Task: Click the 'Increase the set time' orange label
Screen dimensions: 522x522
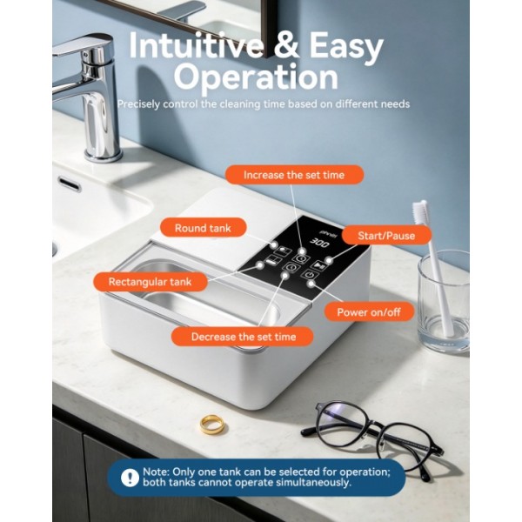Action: tap(294, 175)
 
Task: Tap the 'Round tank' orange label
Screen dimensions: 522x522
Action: tap(203, 228)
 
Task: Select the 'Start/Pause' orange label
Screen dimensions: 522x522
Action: tap(386, 236)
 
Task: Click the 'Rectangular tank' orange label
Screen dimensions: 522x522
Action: tap(151, 282)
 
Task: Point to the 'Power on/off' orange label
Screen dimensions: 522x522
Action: tap(369, 312)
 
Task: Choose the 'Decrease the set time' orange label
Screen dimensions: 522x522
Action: tap(243, 337)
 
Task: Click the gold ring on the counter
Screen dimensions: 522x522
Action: tap(211, 425)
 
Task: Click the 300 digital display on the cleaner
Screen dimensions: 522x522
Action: tap(320, 243)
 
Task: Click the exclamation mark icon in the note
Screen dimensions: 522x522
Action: tap(129, 478)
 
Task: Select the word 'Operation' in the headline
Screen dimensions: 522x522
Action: tap(256, 77)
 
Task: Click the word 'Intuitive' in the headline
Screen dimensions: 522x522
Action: tap(196, 45)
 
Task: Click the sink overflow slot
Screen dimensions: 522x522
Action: tap(70, 184)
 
